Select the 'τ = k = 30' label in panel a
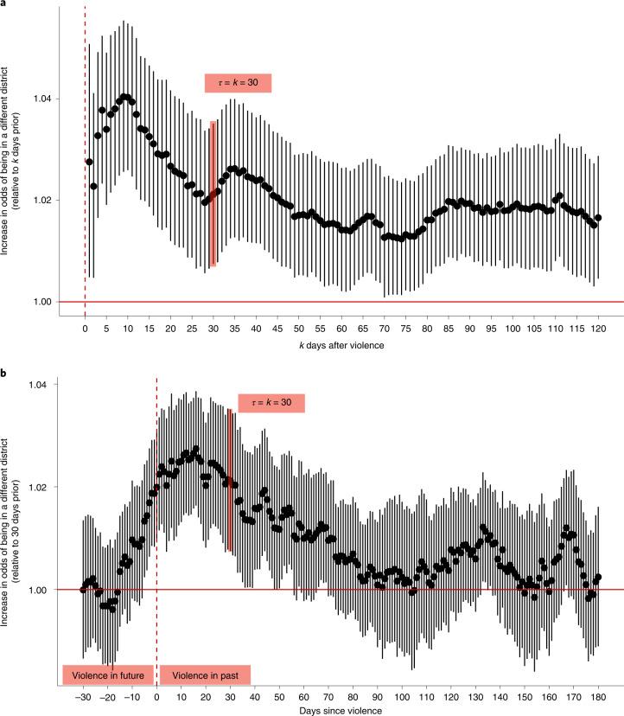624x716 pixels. (238, 83)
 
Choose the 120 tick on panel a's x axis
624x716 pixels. (597, 329)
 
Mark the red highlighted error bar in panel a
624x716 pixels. (213, 194)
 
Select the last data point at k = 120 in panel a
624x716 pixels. (597, 218)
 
